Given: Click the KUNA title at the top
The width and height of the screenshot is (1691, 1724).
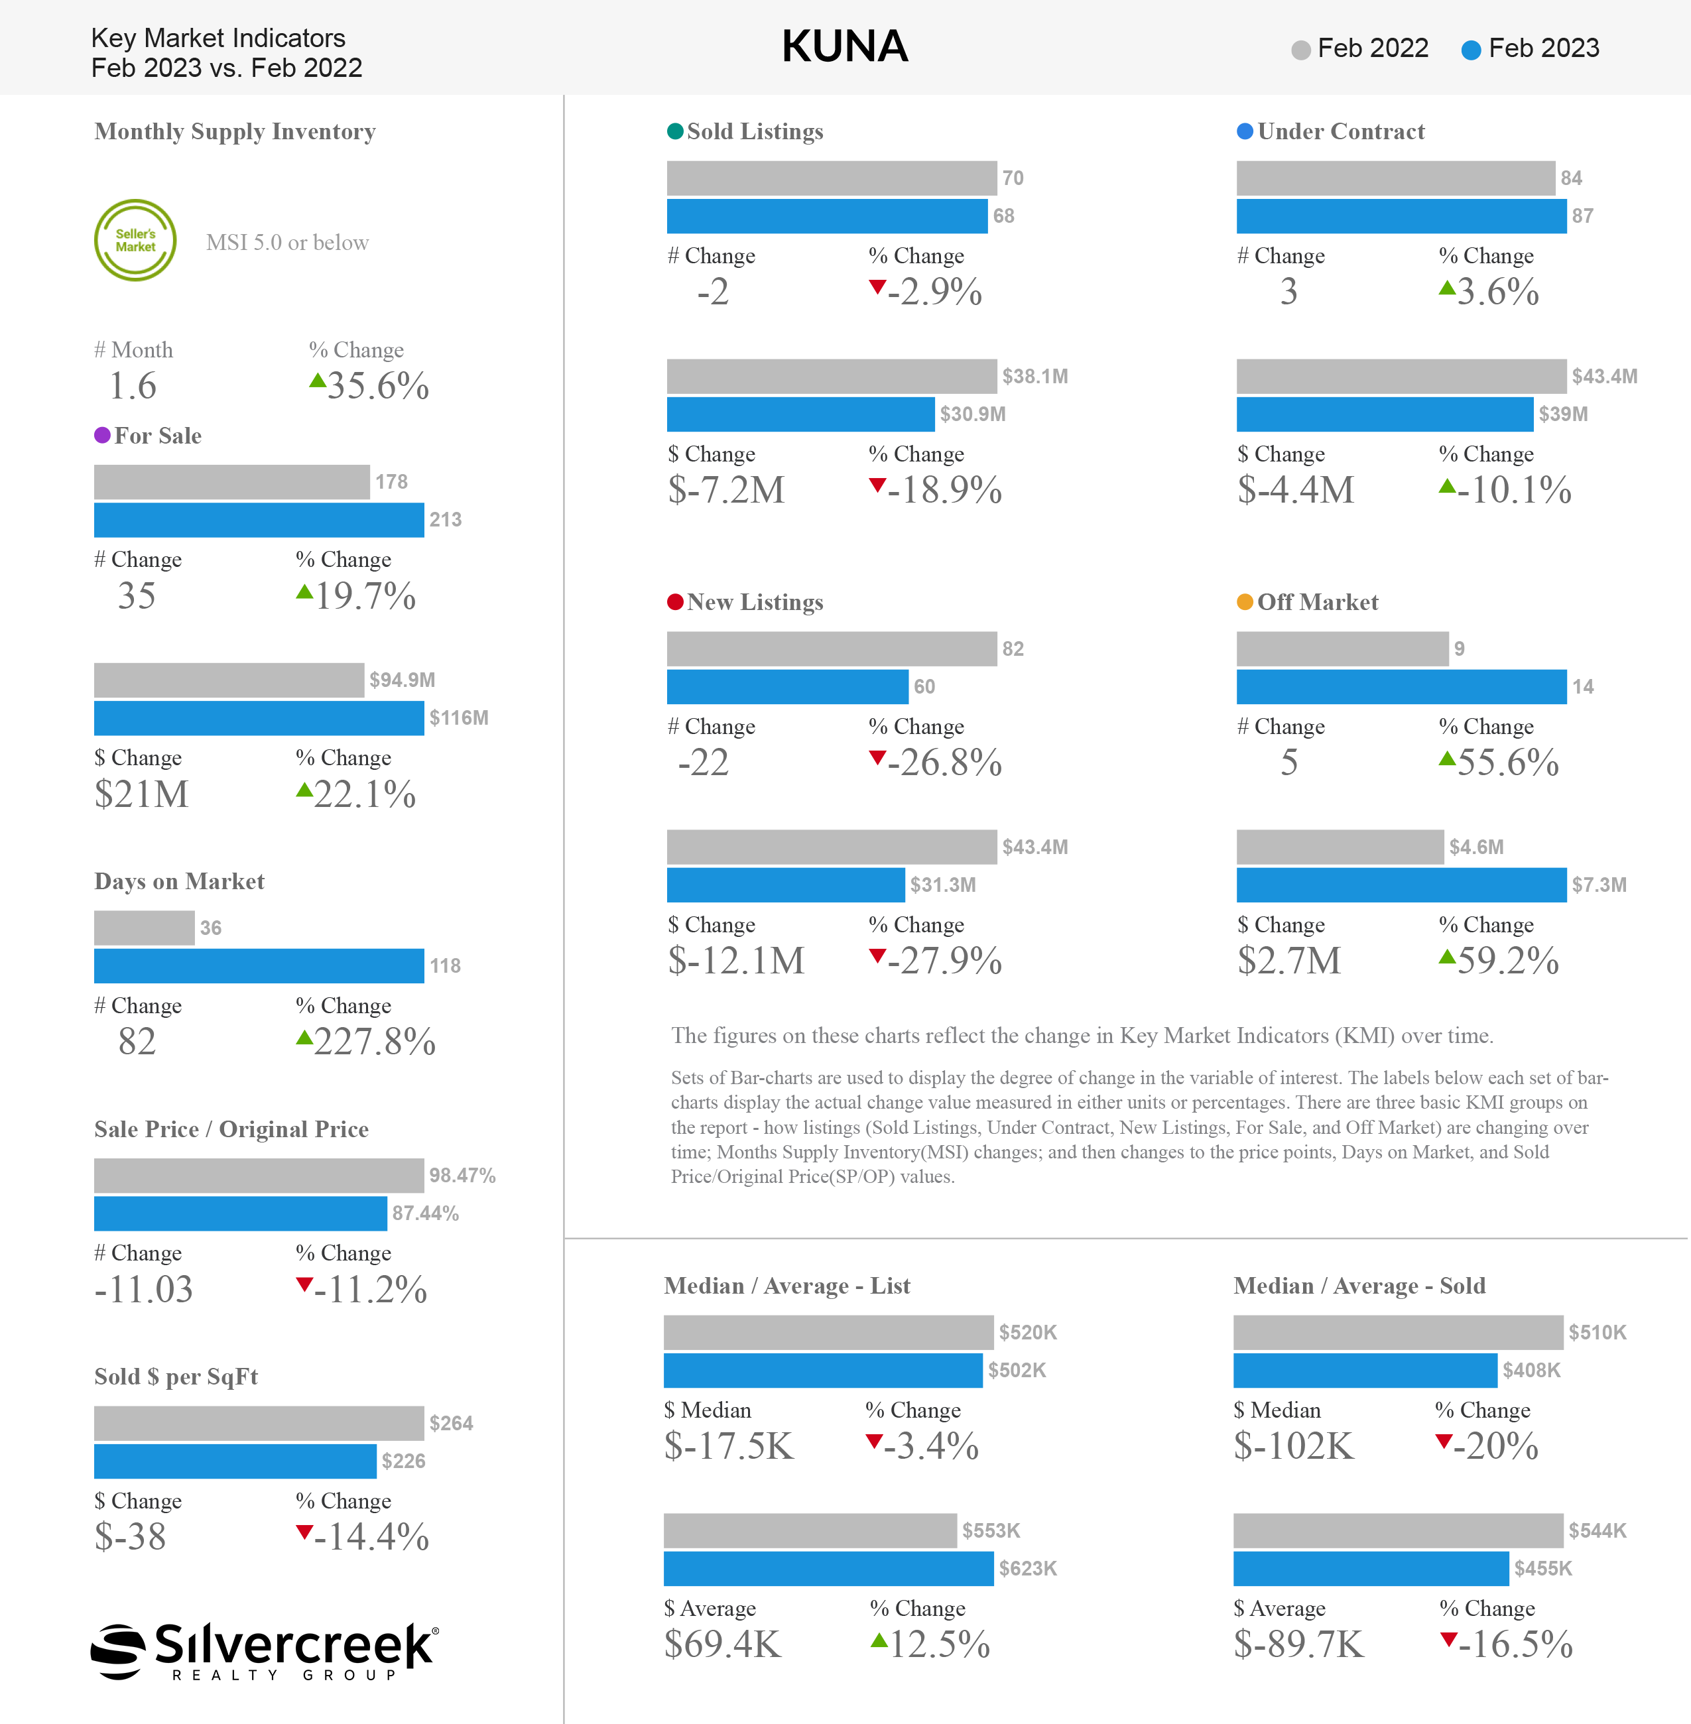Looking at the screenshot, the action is tap(845, 46).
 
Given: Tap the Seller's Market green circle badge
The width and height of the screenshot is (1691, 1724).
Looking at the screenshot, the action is tap(135, 240).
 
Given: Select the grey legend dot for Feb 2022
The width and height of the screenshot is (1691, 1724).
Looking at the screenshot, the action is tap(1301, 50).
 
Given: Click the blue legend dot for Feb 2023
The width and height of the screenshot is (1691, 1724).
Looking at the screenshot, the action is tap(1471, 50).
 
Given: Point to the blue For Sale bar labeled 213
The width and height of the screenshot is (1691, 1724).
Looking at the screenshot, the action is tap(259, 520).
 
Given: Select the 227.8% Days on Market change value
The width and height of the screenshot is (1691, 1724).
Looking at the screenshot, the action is tap(375, 1041).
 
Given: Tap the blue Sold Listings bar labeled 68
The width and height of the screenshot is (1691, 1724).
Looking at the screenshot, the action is tap(827, 216).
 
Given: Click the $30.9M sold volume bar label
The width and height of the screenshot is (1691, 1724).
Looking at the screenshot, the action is tap(973, 414).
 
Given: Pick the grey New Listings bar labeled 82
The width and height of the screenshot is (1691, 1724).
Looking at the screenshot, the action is tap(832, 649).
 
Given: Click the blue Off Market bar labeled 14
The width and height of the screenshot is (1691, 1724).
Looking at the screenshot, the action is tap(1401, 686).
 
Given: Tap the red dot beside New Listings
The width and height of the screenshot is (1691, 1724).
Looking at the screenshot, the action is tap(675, 602).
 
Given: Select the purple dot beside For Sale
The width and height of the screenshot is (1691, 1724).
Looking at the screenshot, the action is tap(102, 434).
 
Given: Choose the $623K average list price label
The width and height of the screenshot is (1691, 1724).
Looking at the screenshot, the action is tap(1028, 1569).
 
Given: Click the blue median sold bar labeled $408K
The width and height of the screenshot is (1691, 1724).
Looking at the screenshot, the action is tap(1365, 1371).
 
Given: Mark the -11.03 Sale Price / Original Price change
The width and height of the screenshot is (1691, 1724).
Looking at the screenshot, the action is tap(144, 1289).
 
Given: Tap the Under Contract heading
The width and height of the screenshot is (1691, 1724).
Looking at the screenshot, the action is tap(1341, 131).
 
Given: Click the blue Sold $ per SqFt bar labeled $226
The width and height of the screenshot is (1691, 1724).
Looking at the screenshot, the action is tap(235, 1461).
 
